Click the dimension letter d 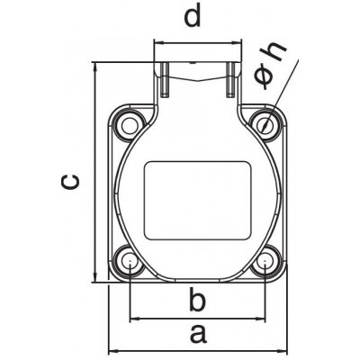click(192, 18)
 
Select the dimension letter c click(70, 182)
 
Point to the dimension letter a click(198, 335)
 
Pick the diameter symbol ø click(264, 76)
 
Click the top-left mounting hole click(130, 124)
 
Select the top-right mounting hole click(265, 124)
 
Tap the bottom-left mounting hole click(130, 261)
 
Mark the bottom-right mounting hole click(265, 261)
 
